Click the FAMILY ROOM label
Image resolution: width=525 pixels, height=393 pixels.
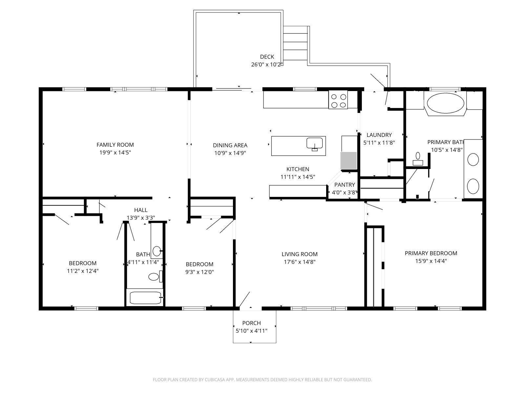(x=115, y=145)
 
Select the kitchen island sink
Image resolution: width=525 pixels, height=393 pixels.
(x=315, y=144)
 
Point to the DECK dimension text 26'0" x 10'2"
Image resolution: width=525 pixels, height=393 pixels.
(x=267, y=65)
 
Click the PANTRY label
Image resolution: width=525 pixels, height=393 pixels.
(x=345, y=185)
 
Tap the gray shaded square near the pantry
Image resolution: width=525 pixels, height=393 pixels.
(x=348, y=160)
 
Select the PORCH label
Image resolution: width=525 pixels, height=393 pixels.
(x=251, y=323)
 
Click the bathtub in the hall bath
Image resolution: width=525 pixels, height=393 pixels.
(x=145, y=298)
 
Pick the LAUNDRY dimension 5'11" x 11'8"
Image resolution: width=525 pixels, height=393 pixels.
(x=379, y=143)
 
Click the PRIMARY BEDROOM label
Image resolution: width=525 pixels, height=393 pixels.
(x=431, y=253)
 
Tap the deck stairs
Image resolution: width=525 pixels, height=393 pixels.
(x=295, y=44)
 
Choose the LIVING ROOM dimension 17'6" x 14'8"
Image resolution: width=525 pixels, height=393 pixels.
(x=300, y=262)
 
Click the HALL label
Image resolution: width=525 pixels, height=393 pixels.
(x=141, y=210)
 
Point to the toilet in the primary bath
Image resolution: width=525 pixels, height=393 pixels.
(x=418, y=159)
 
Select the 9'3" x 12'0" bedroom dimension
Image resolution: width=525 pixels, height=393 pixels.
(x=199, y=272)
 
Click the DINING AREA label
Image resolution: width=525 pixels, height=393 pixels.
(x=230, y=145)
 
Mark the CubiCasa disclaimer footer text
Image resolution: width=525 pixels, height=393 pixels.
(x=262, y=380)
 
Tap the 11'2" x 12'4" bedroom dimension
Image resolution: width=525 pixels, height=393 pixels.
(x=83, y=271)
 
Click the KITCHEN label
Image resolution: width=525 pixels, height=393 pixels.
(x=298, y=169)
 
